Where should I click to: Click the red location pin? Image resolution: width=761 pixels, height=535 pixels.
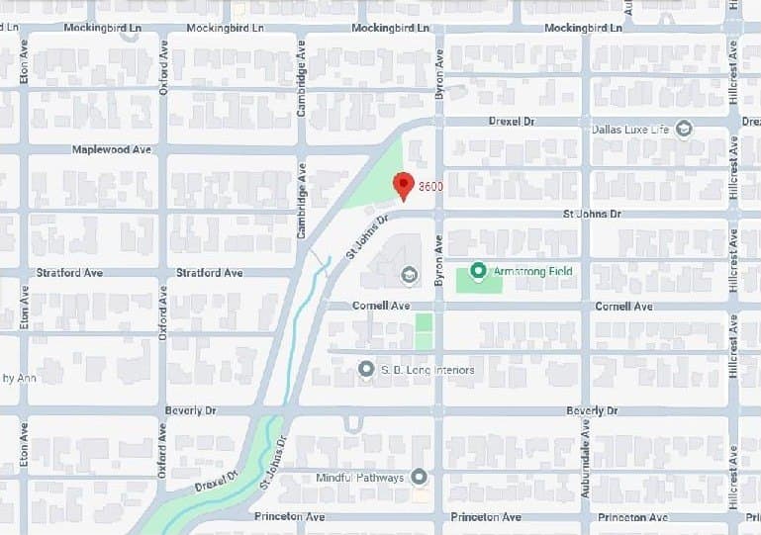point(402,185)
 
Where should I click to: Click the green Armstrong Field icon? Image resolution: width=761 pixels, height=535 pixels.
point(479,270)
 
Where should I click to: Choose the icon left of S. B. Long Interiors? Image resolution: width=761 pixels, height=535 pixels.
point(366,370)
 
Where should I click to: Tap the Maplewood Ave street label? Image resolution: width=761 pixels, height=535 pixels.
point(112,150)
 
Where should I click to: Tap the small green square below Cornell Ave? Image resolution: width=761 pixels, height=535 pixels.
point(424,331)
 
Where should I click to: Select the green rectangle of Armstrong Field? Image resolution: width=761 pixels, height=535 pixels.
point(479,281)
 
